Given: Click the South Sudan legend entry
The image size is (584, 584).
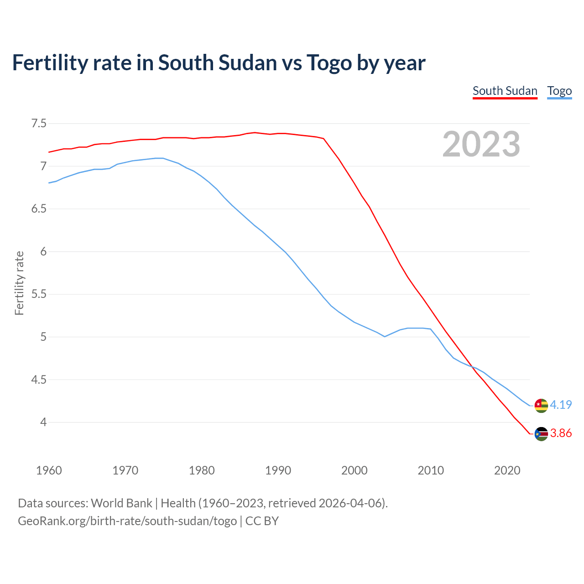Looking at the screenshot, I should (505, 91).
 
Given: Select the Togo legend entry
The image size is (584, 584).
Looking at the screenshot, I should (559, 91).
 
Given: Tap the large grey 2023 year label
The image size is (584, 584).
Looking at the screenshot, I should (481, 144).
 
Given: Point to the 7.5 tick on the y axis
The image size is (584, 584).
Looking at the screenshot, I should (39, 124).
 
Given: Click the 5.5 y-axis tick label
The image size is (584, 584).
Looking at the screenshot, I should (39, 294).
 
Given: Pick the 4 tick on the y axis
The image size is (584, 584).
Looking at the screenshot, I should (43, 422).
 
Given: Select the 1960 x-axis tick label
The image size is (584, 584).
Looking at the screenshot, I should (49, 470).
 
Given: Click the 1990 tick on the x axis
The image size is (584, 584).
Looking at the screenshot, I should (278, 470).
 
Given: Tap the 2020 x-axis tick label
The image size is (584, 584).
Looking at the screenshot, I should (507, 470).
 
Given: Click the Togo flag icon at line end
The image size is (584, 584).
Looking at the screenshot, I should (541, 405).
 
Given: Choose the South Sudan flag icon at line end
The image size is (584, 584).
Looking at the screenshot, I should (541, 433).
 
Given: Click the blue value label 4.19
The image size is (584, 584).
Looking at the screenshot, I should (561, 405).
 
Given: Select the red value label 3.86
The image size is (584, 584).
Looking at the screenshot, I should (561, 433).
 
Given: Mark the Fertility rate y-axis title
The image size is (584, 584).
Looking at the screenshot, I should (19, 283).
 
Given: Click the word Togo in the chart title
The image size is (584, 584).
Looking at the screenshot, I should (329, 63).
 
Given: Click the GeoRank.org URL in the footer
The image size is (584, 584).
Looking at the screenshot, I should (127, 521).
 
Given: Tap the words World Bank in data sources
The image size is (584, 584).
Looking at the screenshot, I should (121, 503).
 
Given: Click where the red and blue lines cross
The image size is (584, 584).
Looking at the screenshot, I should (472, 366).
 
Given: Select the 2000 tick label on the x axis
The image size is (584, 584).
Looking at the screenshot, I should (354, 470).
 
